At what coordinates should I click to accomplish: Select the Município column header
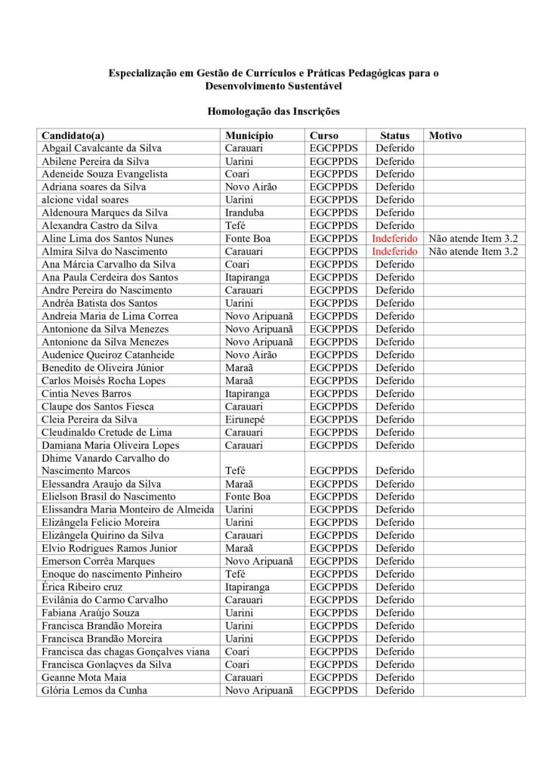(249, 135)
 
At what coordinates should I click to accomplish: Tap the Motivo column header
(445, 135)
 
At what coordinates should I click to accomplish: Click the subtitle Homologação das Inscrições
(273, 111)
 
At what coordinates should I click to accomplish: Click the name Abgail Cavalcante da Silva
(101, 148)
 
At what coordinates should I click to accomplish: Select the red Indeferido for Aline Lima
(394, 238)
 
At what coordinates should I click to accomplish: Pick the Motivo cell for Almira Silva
(473, 251)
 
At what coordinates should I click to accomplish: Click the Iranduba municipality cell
(245, 212)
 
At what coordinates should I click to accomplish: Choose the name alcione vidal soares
(85, 200)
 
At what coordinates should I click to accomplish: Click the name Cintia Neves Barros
(86, 393)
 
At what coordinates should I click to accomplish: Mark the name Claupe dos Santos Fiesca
(97, 406)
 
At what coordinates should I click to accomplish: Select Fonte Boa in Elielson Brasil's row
(248, 497)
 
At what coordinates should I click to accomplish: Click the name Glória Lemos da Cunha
(94, 690)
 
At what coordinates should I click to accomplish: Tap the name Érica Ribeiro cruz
(82, 587)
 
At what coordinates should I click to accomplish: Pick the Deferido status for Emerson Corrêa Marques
(394, 561)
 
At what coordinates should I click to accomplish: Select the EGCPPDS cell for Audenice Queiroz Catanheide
(334, 354)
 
